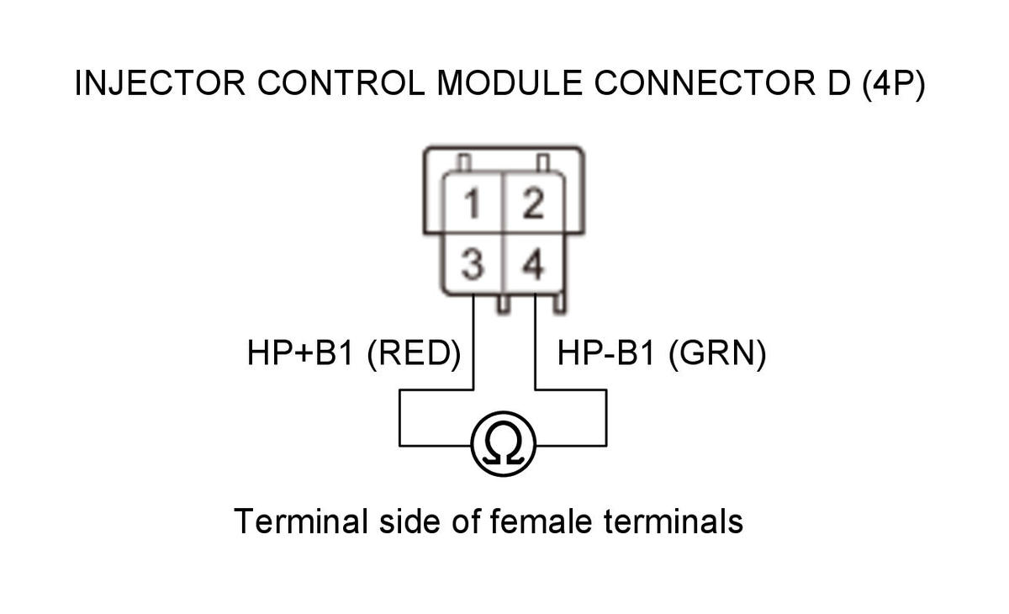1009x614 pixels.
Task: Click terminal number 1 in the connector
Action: point(472,204)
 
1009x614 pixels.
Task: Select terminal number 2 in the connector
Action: point(534,204)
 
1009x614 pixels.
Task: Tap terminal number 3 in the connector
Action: point(473,264)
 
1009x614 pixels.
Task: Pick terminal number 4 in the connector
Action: point(533,264)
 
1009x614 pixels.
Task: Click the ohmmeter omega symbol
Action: point(503,443)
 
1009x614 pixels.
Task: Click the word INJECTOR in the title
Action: point(160,83)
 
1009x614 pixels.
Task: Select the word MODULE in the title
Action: point(510,83)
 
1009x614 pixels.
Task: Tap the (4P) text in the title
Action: point(894,84)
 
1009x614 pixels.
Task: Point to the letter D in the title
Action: point(839,83)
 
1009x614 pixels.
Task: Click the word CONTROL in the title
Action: point(341,83)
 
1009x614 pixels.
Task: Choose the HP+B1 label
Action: point(300,352)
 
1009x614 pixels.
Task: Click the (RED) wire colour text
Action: point(415,353)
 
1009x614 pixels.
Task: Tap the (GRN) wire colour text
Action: point(717,353)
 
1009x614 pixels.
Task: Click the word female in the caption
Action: point(541,521)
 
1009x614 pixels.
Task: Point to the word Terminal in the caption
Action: point(301,521)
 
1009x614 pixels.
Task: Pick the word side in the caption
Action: point(410,521)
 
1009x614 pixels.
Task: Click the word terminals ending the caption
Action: point(673,521)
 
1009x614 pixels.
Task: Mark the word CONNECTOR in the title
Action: point(705,83)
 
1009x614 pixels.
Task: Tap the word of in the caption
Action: point(465,521)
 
